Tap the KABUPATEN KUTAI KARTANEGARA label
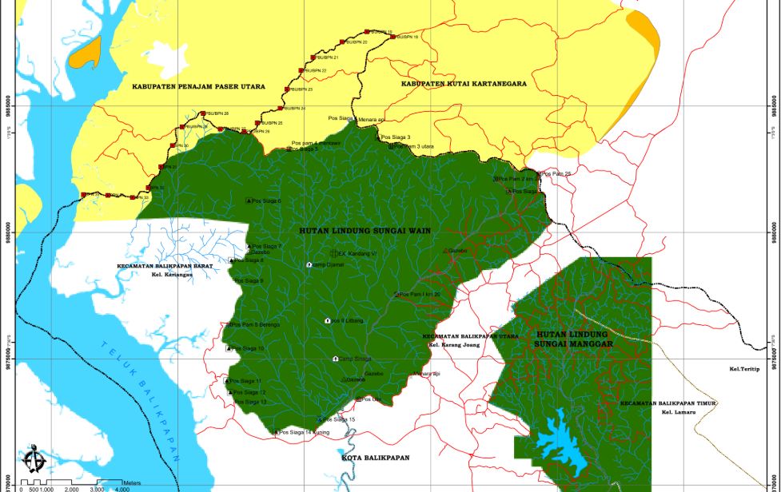[464, 83]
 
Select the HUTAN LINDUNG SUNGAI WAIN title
[365, 231]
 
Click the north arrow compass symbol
[33, 460]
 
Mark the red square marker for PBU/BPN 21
[313, 58]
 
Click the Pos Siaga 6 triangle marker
[249, 200]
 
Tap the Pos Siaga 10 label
[249, 348]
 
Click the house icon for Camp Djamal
[309, 264]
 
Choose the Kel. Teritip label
[743, 370]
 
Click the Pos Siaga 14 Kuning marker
[277, 432]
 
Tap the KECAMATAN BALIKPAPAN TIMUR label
[667, 403]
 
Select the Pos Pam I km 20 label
[420, 295]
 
